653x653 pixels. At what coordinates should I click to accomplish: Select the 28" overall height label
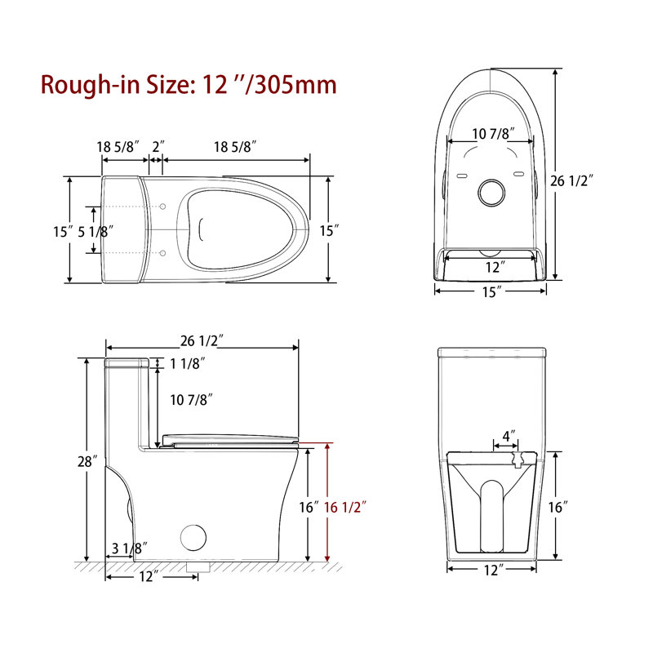point(89,461)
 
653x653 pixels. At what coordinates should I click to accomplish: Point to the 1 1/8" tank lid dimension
point(187,365)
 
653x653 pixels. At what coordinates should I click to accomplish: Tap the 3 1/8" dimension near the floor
point(127,549)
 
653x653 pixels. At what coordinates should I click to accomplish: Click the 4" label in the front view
point(509,437)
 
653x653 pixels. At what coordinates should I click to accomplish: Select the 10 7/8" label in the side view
point(192,399)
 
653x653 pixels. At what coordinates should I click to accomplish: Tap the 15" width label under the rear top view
point(490,292)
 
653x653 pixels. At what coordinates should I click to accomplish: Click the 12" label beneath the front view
point(491,571)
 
